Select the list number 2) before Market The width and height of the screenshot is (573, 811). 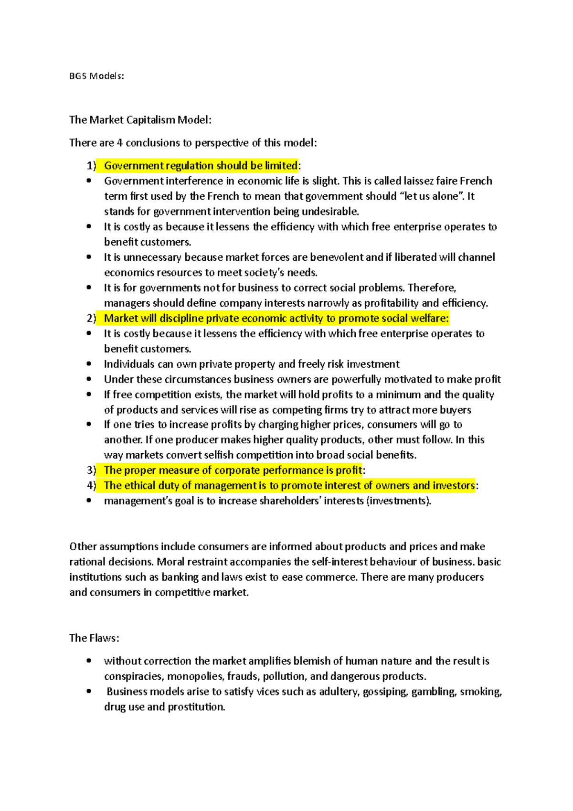(92, 319)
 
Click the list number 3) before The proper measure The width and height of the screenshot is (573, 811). (92, 470)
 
